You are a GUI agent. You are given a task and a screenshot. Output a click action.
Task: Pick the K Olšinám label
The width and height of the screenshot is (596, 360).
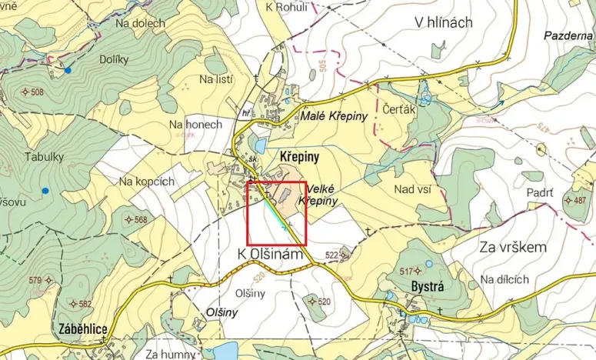point(267,253)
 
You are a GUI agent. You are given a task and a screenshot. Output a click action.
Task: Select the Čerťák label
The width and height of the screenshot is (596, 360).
point(399,110)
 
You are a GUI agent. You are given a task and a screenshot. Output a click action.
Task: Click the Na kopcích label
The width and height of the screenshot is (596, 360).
point(148,182)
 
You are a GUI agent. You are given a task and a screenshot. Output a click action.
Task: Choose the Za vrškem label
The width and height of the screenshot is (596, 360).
point(512,248)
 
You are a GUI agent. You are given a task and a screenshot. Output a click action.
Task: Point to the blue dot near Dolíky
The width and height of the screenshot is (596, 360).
point(68,71)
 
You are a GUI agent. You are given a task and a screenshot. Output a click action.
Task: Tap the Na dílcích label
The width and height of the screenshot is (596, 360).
point(504,278)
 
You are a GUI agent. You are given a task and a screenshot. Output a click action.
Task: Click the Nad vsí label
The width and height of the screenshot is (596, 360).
point(411,188)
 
